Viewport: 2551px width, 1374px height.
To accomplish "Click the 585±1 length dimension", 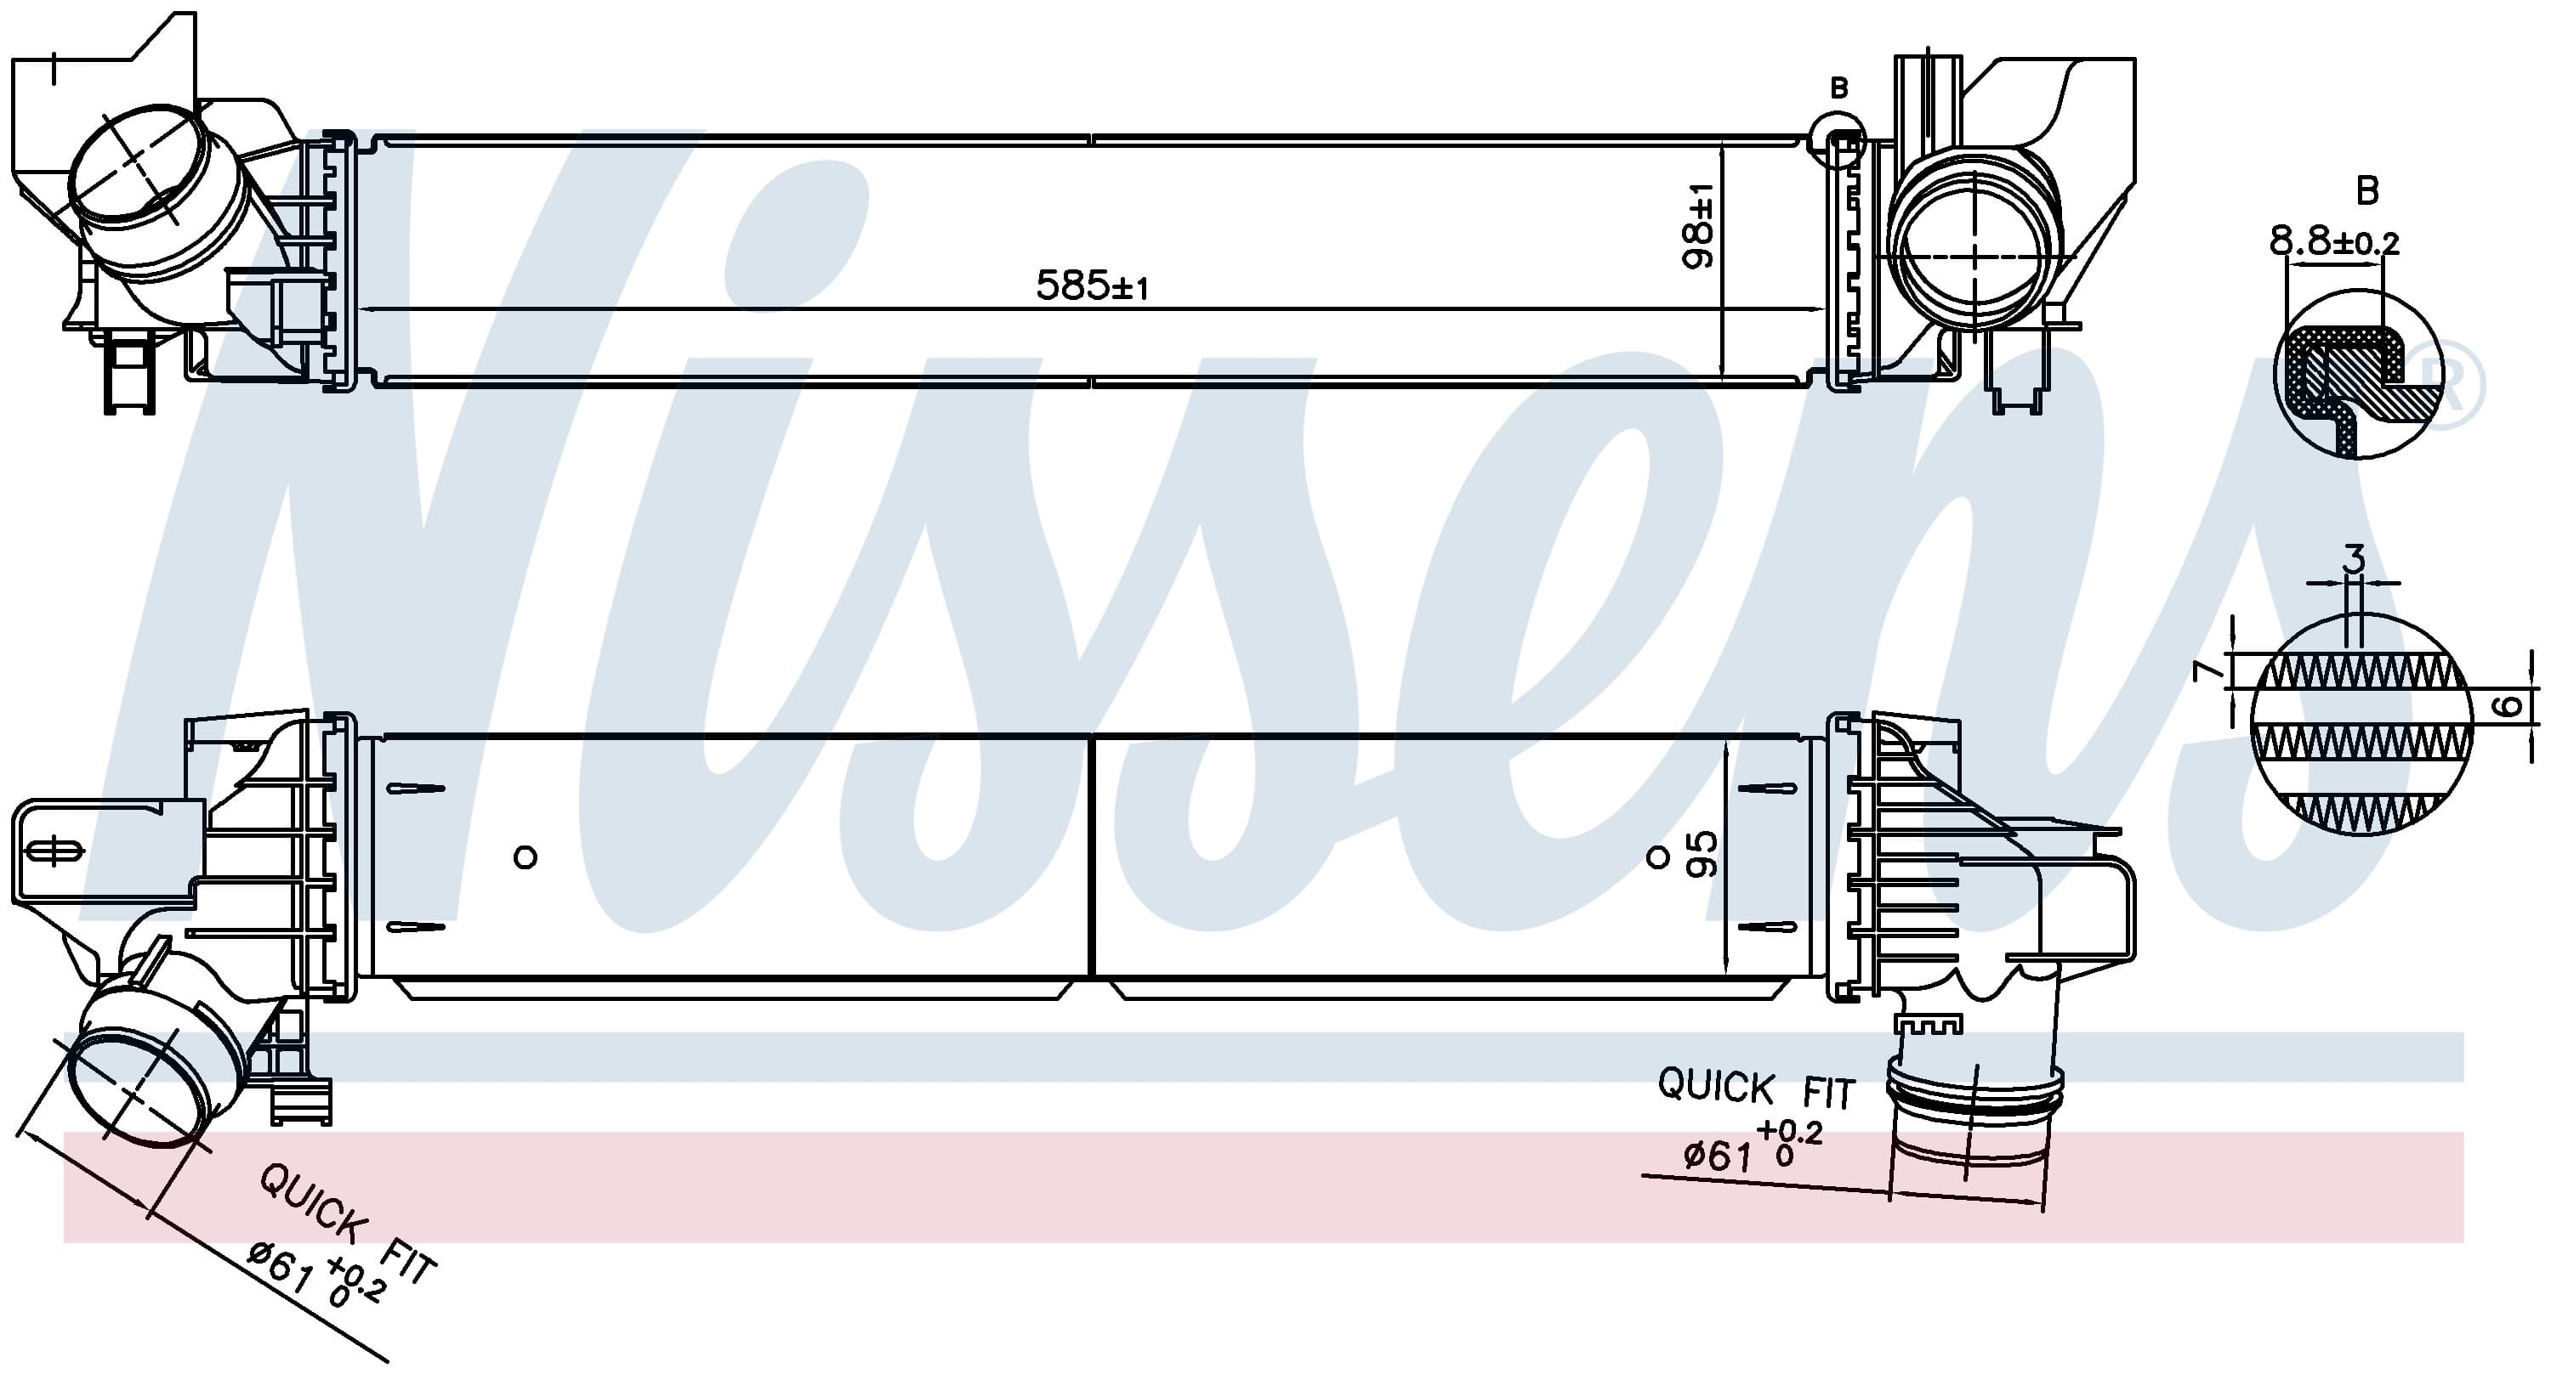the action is tap(1091, 286).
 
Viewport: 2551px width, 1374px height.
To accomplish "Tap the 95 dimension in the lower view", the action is tap(1701, 854).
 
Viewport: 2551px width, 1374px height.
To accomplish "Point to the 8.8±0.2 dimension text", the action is tap(2334, 241).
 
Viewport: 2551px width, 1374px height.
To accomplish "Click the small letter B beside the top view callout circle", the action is tap(1839, 88).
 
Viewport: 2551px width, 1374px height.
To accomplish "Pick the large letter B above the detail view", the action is tap(2366, 190).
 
